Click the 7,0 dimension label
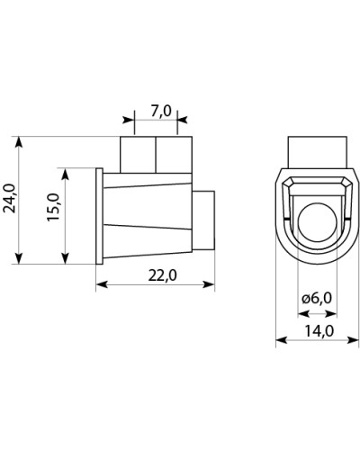coord(160,112)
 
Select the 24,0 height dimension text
coord(10,198)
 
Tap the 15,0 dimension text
coord(53,207)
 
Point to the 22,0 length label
coord(162,275)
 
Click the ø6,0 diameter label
coord(317,298)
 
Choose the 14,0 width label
coord(319,331)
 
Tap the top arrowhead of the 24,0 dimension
coord(19,142)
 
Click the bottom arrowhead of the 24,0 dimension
coord(19,258)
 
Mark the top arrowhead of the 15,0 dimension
coord(65,174)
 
